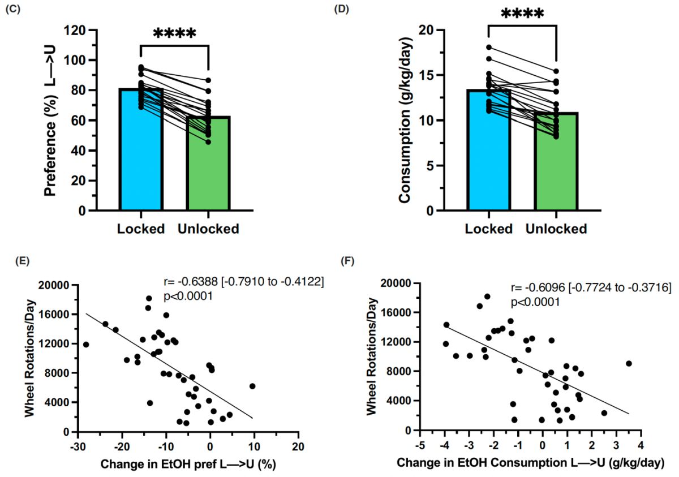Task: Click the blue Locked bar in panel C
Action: [141, 158]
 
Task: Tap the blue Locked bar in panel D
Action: [488, 158]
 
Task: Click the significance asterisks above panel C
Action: [174, 33]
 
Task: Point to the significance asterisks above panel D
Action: [522, 14]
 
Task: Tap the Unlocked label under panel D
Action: [556, 229]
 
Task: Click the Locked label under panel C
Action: [141, 229]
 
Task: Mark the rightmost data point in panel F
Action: [629, 363]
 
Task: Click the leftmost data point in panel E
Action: [86, 344]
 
